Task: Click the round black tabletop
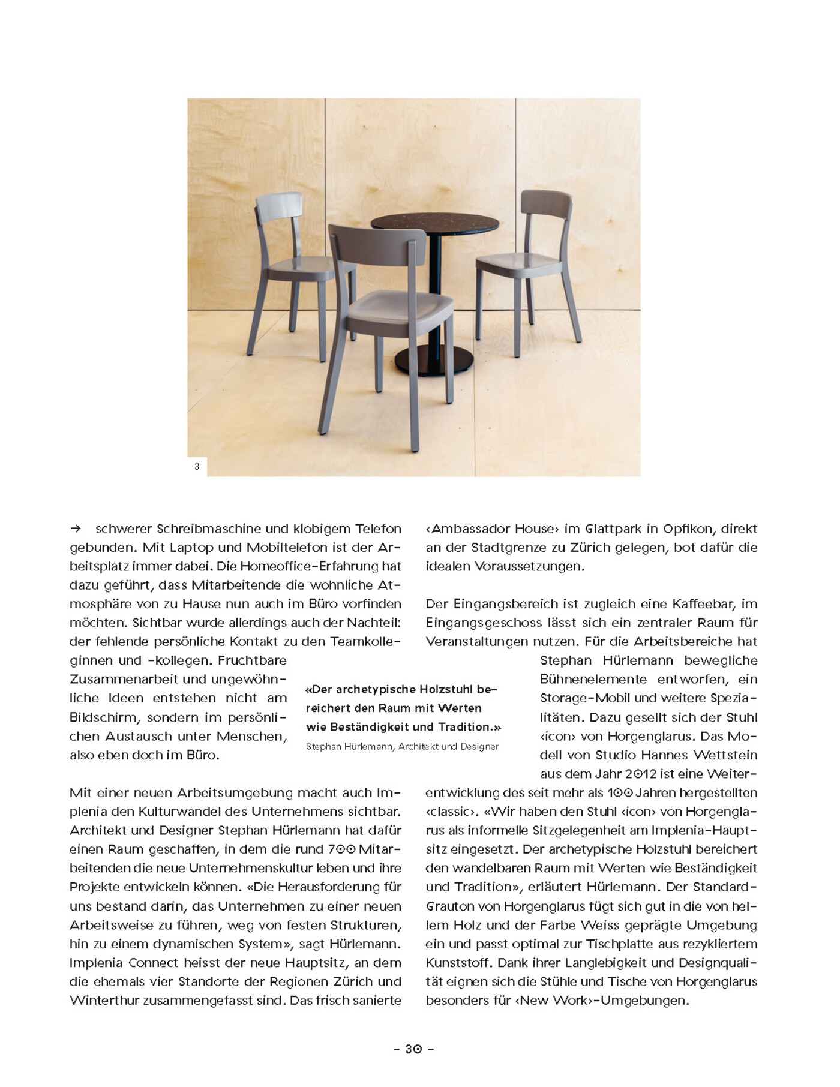point(434,223)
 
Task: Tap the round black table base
point(425,362)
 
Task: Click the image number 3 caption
point(197,466)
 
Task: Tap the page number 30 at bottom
point(413,1049)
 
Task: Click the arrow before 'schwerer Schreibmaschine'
point(76,529)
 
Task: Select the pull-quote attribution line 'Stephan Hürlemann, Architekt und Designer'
point(402,747)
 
